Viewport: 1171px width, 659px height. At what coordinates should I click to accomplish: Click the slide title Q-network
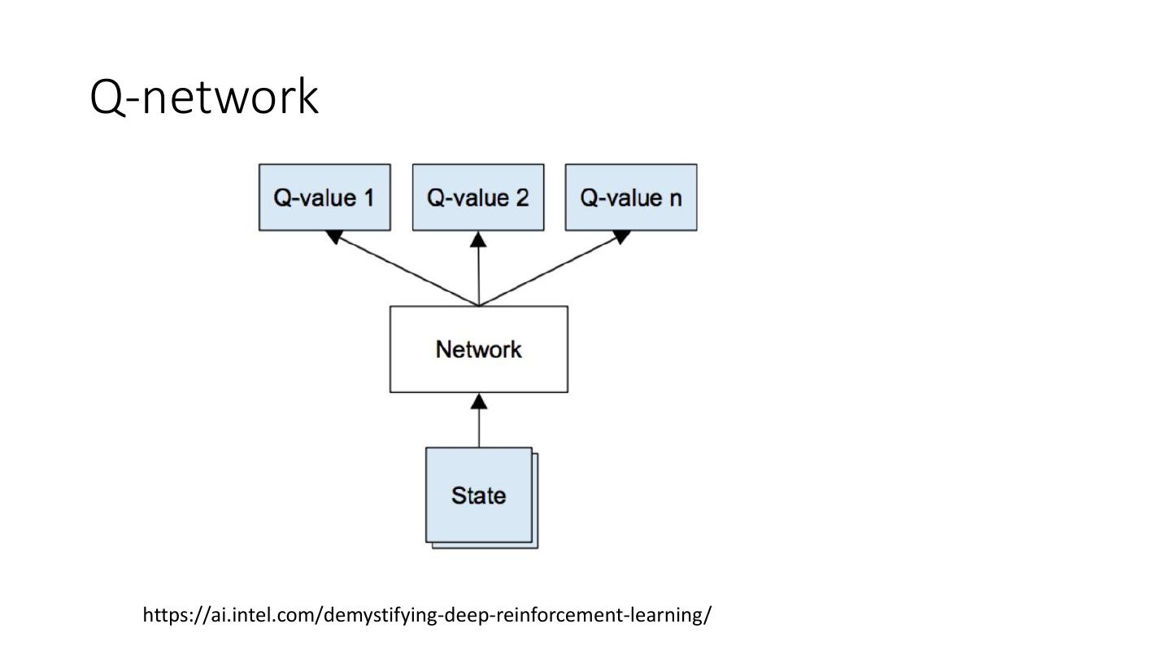(x=203, y=97)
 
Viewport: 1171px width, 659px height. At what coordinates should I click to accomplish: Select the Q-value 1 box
(x=324, y=198)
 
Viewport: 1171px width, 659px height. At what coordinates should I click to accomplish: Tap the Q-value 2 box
(x=478, y=198)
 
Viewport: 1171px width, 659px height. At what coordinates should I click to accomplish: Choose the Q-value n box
(x=631, y=198)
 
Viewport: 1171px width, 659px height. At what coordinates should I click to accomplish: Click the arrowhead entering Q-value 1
(x=333, y=237)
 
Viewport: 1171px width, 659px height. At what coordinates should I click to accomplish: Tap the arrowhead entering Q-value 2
(x=479, y=238)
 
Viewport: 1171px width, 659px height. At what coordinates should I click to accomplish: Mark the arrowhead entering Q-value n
(x=621, y=237)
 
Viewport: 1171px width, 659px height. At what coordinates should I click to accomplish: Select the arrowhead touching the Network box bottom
(x=479, y=401)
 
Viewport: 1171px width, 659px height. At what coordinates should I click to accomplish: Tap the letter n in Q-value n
(x=675, y=199)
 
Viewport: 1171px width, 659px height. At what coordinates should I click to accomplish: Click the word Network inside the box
(x=479, y=350)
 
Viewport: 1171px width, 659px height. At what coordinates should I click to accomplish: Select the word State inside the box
(x=478, y=495)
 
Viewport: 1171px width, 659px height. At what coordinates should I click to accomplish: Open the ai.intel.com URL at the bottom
(x=427, y=614)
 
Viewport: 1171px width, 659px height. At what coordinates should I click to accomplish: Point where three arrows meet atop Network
(x=479, y=306)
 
